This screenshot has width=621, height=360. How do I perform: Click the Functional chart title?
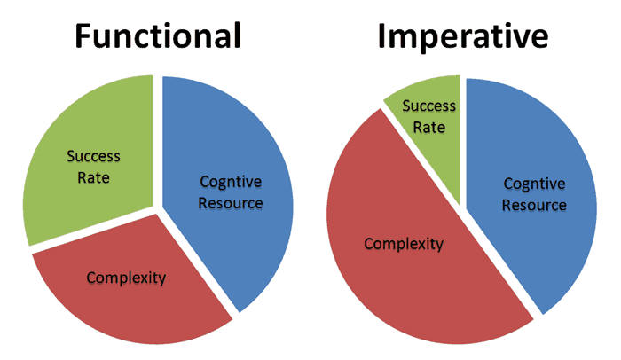coord(158,35)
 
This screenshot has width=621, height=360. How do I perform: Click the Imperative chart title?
coord(463,36)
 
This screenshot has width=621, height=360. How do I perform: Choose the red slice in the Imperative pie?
coord(408,246)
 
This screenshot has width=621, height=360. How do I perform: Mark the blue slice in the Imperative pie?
coord(531,194)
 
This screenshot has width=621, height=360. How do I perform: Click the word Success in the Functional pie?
coord(93,156)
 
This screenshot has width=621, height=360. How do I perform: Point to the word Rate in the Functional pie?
coord(93,177)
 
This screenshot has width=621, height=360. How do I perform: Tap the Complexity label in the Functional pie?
coord(126,278)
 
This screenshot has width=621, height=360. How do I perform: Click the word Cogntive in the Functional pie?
coord(231,182)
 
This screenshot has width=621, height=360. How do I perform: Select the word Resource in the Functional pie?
coord(231,203)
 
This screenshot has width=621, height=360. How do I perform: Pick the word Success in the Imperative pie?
coord(428,106)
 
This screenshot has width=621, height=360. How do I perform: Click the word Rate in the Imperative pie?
coord(428,127)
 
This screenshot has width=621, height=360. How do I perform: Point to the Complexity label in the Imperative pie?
coord(404,244)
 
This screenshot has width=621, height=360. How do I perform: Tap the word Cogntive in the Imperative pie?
coord(534,184)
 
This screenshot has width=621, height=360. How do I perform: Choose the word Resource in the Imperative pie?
coord(534,205)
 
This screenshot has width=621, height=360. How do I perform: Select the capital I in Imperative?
coord(382,36)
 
